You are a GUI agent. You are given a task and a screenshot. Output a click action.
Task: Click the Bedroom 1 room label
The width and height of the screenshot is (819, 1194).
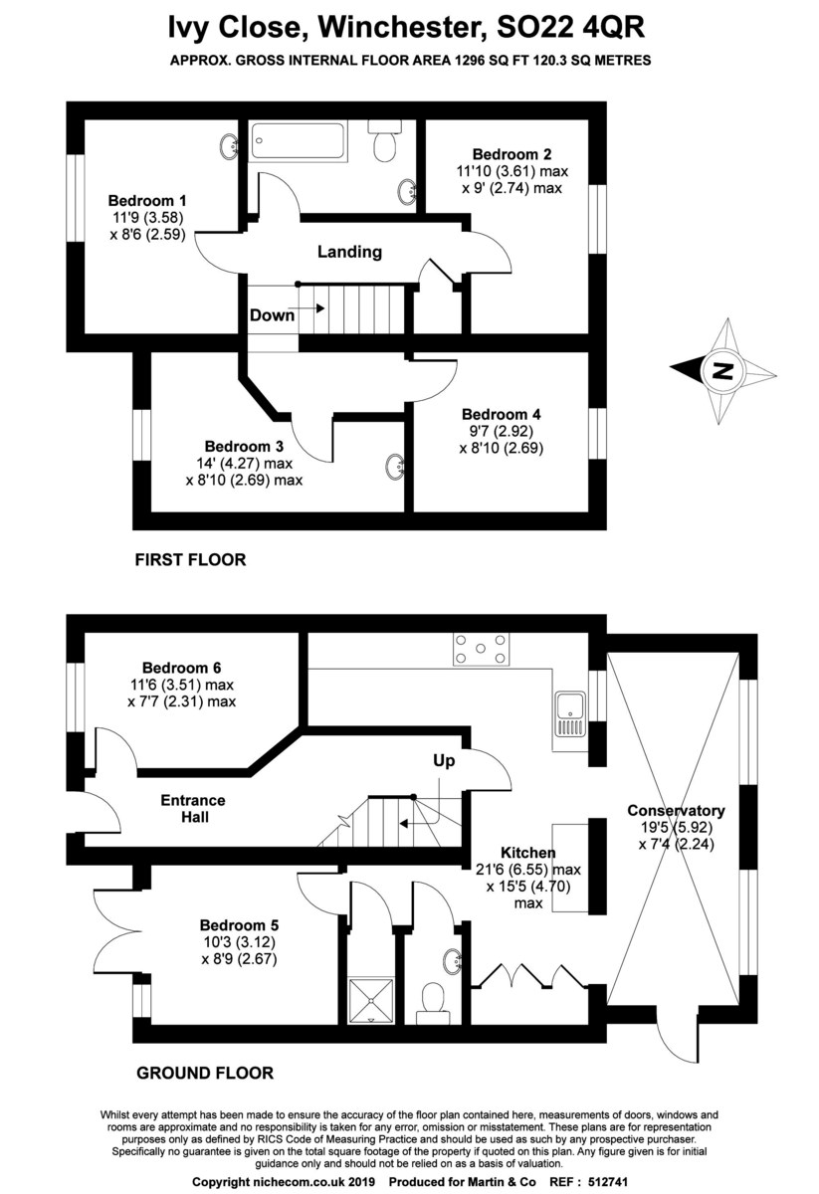[147, 198]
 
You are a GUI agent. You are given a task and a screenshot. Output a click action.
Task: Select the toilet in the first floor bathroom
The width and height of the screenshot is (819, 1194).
[384, 144]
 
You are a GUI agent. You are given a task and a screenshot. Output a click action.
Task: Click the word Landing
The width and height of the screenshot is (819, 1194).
[349, 252]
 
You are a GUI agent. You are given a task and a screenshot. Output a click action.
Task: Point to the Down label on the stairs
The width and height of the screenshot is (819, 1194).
[272, 315]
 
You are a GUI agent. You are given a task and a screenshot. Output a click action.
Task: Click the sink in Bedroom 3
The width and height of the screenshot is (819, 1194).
[395, 465]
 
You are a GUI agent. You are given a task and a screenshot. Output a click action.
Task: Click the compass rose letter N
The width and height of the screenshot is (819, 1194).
[723, 372]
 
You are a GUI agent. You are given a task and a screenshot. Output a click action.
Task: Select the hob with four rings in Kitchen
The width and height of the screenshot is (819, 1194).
[479, 648]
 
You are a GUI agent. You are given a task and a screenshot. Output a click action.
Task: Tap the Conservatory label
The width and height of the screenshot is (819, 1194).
[676, 810]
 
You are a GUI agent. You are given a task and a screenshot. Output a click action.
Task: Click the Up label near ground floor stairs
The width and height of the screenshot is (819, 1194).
[444, 761]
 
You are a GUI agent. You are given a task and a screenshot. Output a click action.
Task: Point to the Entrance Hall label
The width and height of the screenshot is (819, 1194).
[193, 808]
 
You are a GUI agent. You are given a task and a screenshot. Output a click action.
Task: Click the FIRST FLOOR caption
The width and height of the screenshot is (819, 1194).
[190, 560]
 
